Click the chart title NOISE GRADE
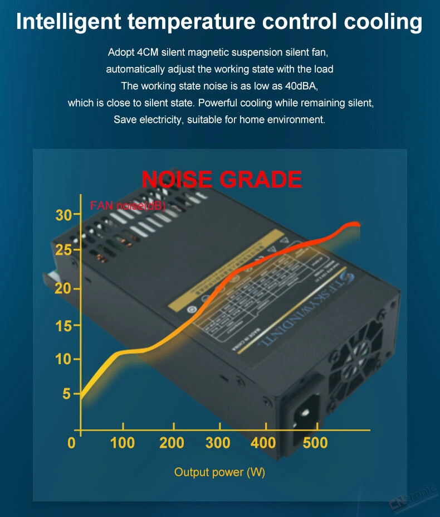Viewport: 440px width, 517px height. coord(222,180)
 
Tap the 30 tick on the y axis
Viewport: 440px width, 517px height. coord(65,215)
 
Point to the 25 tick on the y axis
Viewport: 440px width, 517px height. coord(65,250)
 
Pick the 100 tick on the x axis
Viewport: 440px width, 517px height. coord(123,443)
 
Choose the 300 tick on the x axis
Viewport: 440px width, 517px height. coord(218,443)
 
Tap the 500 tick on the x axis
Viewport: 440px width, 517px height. coord(316,443)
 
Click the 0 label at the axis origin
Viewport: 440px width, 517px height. coord(71,443)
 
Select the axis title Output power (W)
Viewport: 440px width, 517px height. coord(219,472)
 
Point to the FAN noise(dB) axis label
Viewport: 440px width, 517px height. coord(128,206)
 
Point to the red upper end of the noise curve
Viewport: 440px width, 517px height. coord(354,225)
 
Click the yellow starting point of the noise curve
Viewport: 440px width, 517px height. coord(82,397)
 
